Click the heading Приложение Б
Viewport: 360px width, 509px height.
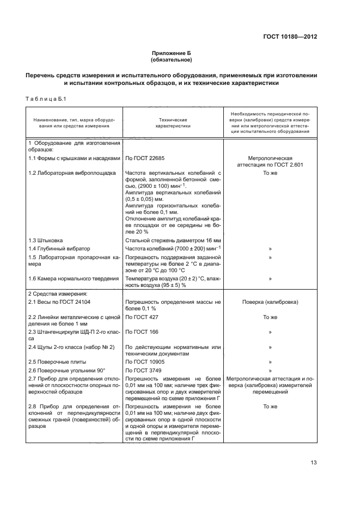pyautogui.click(x=172, y=53)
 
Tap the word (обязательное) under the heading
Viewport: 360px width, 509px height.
pyautogui.click(x=172, y=60)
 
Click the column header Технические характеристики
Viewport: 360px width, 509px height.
pyautogui.click(x=173, y=122)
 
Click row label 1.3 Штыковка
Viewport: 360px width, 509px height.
pyautogui.click(x=45, y=240)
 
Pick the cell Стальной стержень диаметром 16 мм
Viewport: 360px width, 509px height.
pyautogui.click(x=172, y=240)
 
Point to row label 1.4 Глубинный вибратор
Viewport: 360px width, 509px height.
pyautogui.click(x=57, y=248)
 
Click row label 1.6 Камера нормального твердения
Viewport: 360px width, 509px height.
pyautogui.click(x=74, y=278)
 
